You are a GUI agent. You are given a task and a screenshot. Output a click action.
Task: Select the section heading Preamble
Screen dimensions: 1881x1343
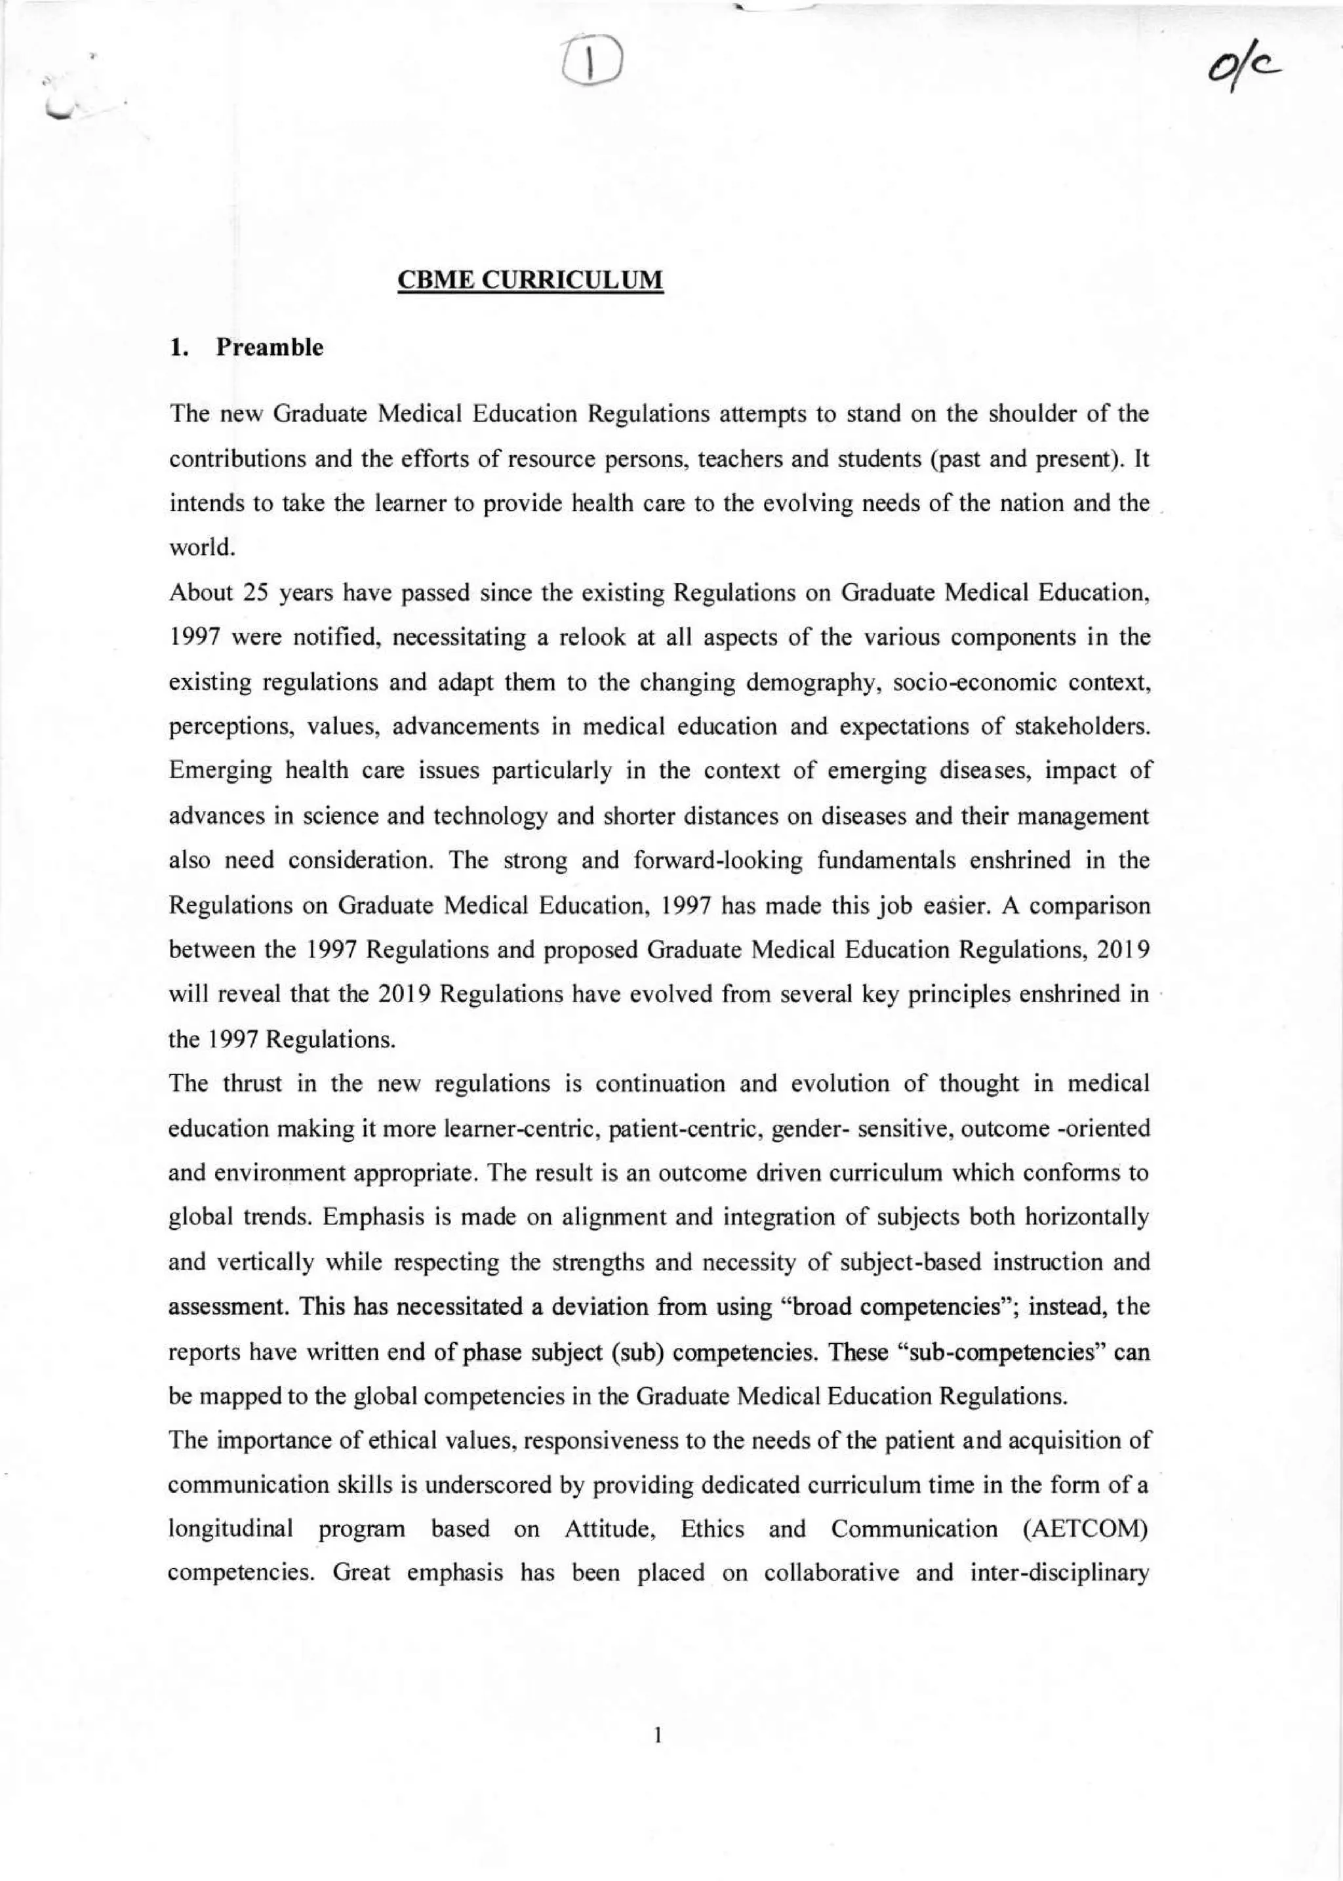tap(269, 348)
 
